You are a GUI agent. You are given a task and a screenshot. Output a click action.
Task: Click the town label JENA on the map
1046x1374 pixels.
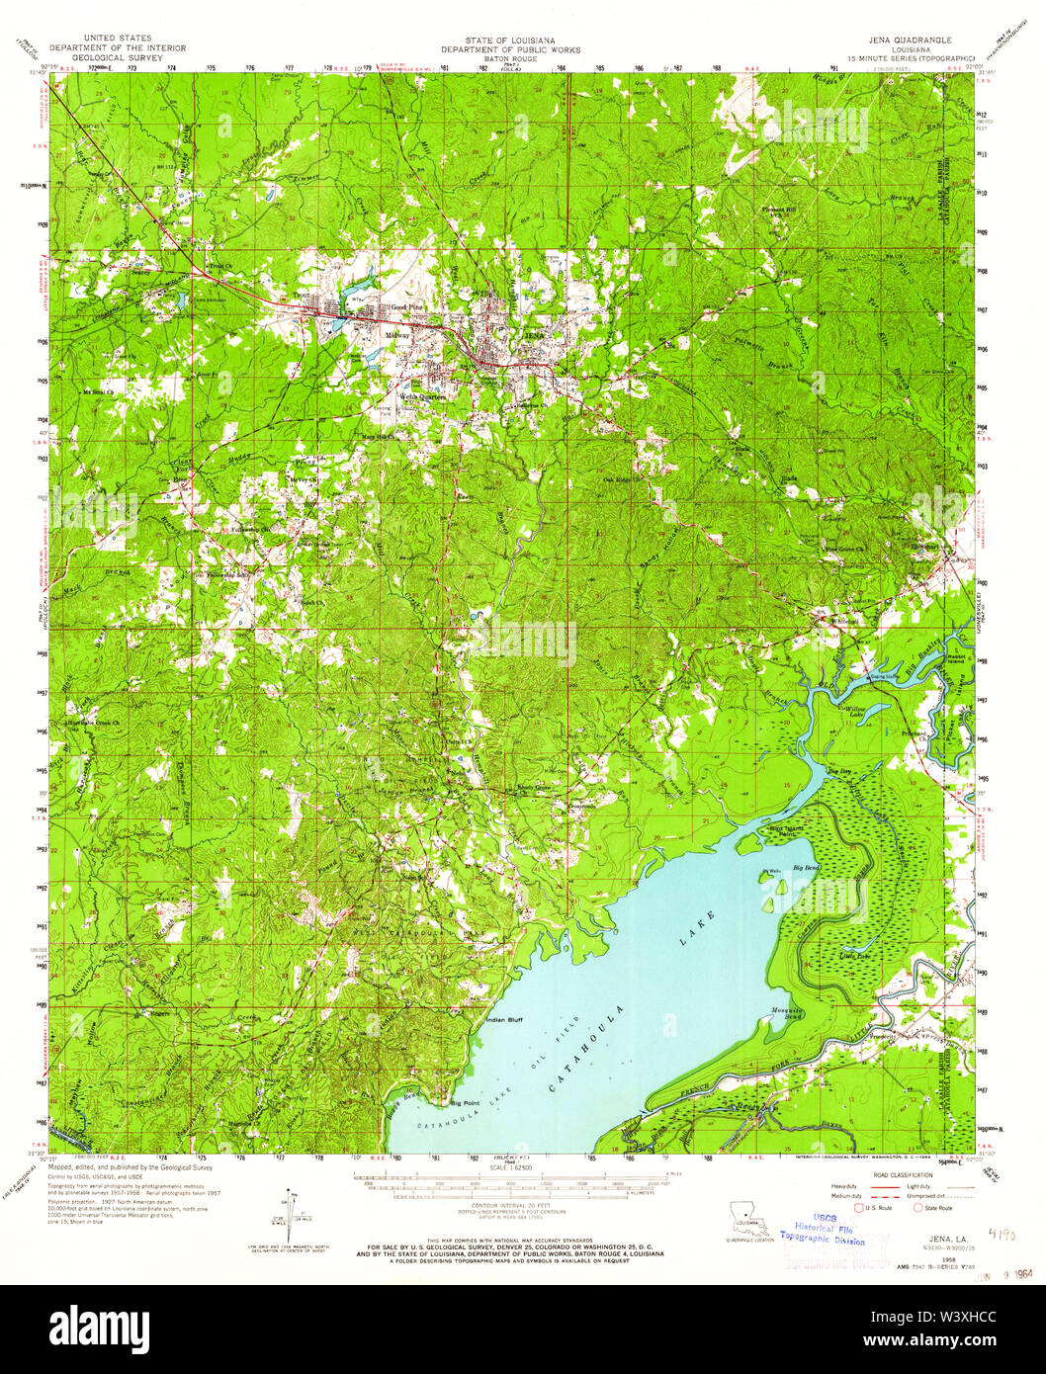click(534, 336)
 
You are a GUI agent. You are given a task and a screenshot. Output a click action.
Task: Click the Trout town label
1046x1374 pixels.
click(301, 295)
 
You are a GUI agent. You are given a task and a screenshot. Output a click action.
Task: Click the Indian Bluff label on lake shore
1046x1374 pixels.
click(503, 1019)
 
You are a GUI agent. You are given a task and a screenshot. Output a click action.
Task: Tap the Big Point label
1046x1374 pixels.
click(465, 1102)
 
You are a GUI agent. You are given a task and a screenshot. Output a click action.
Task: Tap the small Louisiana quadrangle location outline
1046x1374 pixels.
click(746, 1217)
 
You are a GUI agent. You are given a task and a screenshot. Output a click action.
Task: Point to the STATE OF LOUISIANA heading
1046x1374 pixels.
click(510, 39)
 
